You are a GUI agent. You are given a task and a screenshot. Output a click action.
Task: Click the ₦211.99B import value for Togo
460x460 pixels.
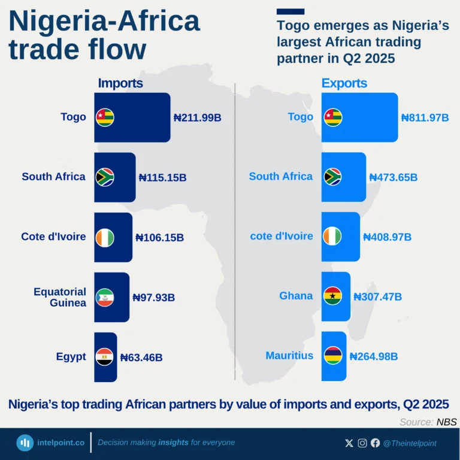pos(197,118)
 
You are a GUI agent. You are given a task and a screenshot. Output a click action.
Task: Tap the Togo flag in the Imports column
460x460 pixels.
pos(105,117)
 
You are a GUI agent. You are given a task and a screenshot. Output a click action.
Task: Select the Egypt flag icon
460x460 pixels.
pos(105,357)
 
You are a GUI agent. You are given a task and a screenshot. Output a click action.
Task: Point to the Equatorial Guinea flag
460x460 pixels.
pos(105,297)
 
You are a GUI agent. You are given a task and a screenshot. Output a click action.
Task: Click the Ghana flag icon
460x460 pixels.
pos(332,296)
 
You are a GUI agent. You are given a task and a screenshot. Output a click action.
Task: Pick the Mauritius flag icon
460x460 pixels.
pos(332,356)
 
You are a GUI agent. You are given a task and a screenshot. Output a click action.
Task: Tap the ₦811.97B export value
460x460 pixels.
pos(425,118)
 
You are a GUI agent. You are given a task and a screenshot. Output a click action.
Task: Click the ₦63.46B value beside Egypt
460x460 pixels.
pos(141,358)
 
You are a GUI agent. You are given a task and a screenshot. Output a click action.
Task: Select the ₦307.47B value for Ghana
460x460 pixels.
pos(377,296)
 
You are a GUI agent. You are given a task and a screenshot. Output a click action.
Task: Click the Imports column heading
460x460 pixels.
pos(120,83)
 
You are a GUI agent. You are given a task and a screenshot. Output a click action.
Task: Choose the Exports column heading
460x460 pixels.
pos(344,83)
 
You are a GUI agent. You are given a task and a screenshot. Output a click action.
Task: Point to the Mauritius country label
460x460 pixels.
pos(289,356)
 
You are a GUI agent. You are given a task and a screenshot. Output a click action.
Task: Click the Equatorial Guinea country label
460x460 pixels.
pos(60,297)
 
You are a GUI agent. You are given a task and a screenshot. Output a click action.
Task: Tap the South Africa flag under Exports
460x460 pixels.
pos(332,177)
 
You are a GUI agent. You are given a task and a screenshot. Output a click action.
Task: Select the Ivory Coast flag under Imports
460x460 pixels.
pos(105,237)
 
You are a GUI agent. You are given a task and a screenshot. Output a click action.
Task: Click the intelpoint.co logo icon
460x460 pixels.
pos(25,443)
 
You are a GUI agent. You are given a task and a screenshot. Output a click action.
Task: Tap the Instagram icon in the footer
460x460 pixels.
pos(362,443)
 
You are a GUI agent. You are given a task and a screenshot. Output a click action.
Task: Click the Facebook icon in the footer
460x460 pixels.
pos(376,443)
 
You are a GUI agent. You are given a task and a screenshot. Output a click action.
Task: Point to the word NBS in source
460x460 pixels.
pos(446,422)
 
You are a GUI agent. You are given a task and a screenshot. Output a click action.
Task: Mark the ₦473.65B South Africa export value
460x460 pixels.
pos(393,177)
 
